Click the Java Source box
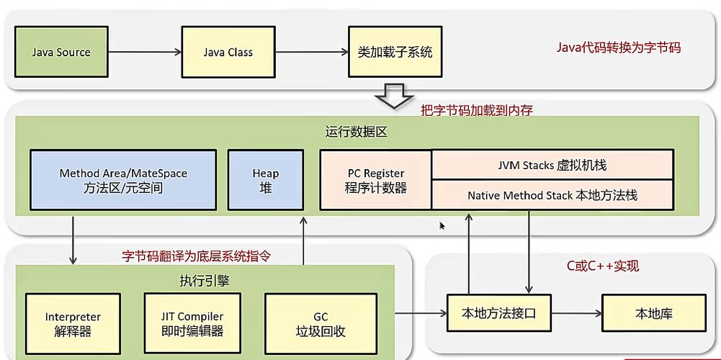pos(61,52)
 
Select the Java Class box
pos(228,52)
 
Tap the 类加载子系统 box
pos(395,52)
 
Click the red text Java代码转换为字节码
pos(618,48)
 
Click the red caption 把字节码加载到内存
pos(476,110)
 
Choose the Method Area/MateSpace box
pos(122,180)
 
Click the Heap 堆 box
pos(265,180)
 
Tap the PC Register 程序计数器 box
pos(375,180)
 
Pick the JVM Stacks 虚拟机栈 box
pos(552,165)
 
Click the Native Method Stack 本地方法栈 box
pos(552,195)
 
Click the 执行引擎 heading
pos(205,281)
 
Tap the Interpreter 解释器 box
pos(73,323)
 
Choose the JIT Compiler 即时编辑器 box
pos(192,323)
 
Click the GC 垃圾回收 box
pos(320,323)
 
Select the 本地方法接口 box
pos(498,313)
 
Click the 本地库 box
pos(653,313)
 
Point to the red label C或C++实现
pos(602,266)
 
